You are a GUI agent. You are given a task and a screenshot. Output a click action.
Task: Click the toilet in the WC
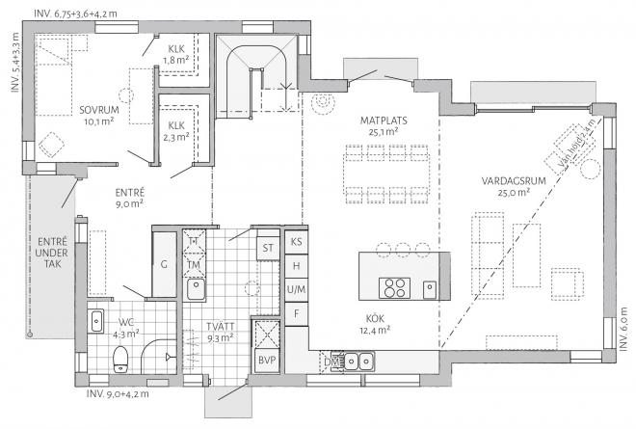click(120, 360)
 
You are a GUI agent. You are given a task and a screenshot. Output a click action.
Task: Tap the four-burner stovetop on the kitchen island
click(395, 288)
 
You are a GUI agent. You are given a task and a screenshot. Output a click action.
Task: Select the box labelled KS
click(297, 242)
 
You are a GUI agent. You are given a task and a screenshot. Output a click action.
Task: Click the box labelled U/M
click(297, 289)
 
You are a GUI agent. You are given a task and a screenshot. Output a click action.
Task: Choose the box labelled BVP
click(265, 361)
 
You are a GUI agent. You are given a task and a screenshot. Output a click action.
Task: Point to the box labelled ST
click(267, 247)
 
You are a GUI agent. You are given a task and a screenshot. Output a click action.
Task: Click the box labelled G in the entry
click(165, 263)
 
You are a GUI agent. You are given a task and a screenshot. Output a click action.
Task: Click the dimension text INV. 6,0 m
click(623, 325)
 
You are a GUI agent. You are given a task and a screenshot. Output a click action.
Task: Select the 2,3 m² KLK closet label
click(176, 131)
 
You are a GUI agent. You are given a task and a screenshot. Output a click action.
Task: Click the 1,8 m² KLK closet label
click(176, 54)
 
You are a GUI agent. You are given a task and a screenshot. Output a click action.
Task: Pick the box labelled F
click(297, 313)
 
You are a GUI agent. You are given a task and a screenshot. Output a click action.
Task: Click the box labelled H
click(297, 265)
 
